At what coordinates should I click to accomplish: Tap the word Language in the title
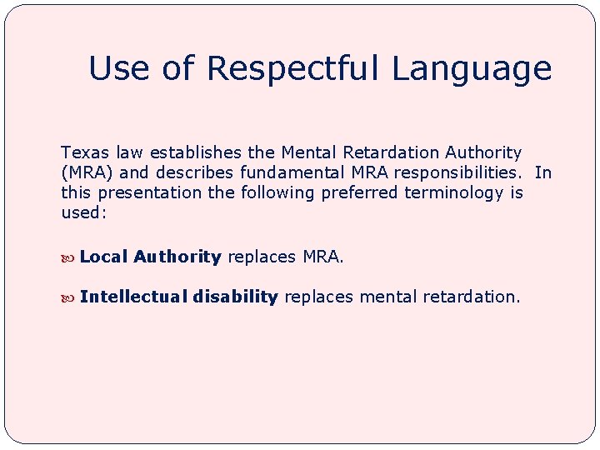click(472, 69)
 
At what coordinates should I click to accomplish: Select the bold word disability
click(236, 297)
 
